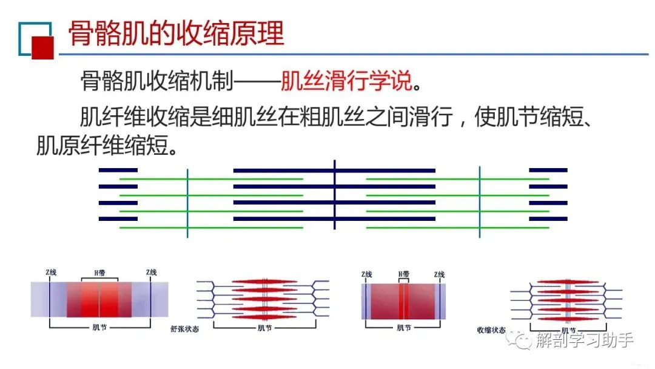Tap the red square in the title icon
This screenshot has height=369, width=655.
42,47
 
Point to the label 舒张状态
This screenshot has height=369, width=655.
185,329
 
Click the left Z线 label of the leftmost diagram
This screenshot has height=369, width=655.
51,273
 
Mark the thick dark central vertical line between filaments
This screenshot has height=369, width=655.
335,194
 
